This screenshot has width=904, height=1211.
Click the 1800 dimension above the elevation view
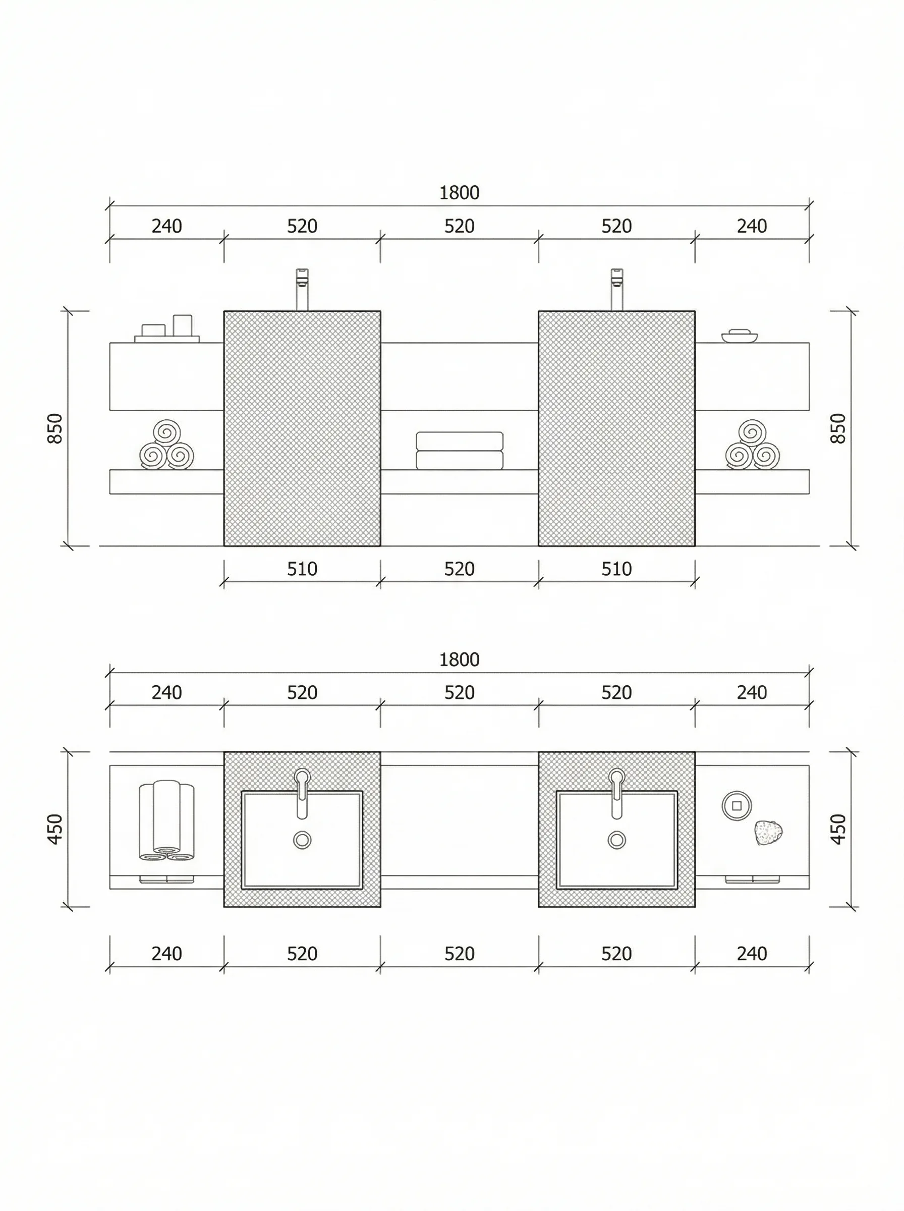459,193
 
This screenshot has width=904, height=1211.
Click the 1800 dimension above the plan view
459,659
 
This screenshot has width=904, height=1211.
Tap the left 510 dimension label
302,569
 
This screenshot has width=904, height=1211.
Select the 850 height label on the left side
55,428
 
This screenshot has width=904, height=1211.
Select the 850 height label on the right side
838,428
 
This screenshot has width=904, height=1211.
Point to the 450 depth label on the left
55,829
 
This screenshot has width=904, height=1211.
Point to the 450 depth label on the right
838,829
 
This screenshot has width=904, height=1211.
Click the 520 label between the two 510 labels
459,569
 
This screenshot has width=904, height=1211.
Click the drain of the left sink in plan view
302,840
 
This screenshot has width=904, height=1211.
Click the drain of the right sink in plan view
617,840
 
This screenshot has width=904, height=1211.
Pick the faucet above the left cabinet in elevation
302,289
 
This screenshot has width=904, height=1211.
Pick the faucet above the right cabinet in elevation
617,289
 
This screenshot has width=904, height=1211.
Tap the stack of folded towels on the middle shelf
459,451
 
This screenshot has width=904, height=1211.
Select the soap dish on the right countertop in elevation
739,336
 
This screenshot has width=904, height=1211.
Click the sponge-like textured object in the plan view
768,833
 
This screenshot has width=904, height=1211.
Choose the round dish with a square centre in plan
737,805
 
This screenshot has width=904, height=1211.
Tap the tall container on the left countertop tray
182,324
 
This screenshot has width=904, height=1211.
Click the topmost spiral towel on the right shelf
753,432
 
